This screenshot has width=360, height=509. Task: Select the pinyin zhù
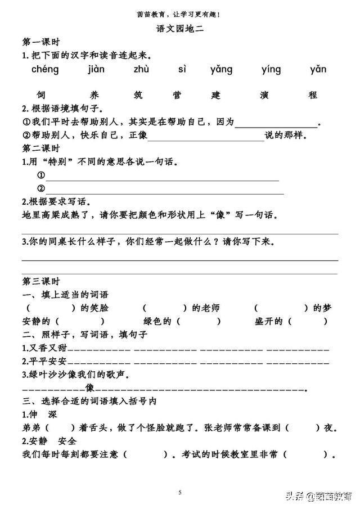141,70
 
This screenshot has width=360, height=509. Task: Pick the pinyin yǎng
221,70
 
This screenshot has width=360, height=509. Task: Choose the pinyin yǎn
318,70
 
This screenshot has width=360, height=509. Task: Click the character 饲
40,95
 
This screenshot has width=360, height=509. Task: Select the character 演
266,95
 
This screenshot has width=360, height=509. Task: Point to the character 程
313,95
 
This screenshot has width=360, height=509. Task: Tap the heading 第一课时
41,43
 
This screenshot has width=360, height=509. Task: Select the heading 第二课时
40,148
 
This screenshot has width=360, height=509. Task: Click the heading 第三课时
40,281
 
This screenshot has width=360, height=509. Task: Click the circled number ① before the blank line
40,175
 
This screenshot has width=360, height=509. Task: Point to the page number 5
179,493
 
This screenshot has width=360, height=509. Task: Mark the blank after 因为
276,124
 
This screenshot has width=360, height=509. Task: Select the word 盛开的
273,321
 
